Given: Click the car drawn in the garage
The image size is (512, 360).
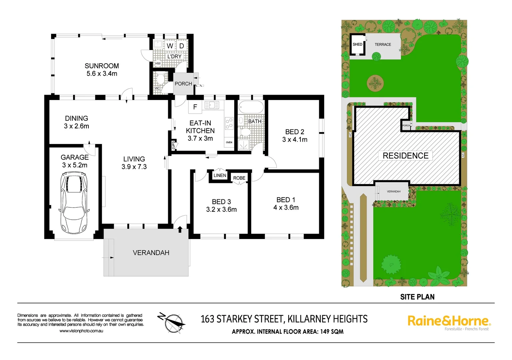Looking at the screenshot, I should point(74,202).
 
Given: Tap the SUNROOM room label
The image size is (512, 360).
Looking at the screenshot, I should point(102,66).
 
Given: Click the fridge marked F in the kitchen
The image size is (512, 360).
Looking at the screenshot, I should point(195,107).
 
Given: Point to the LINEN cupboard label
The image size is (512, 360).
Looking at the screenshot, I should point(220,175).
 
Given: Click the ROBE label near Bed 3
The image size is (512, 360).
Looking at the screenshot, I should point(239,178).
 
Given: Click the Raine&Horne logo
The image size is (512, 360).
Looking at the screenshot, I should point(449,321).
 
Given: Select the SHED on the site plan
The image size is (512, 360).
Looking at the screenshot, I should point(358,44).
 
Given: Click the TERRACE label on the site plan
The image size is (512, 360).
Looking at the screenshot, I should point(383,44).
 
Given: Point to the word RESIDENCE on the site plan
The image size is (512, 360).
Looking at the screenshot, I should point(406,156).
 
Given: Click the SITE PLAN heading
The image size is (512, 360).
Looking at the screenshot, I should point(417,297).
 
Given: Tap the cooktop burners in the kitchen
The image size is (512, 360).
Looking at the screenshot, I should point(229,124).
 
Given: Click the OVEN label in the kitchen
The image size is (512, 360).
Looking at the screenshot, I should point(229,142).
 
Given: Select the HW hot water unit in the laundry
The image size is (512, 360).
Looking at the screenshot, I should point(158,63).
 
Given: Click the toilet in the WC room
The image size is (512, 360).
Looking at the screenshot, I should point(160,79).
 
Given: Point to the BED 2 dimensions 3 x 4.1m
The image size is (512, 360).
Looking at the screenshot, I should point(295,140).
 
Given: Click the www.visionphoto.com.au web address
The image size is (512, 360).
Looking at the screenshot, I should point(81,331).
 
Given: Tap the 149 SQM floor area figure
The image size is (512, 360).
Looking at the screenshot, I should point(332,332).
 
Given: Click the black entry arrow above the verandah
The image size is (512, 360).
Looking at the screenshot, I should point(180,229).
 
